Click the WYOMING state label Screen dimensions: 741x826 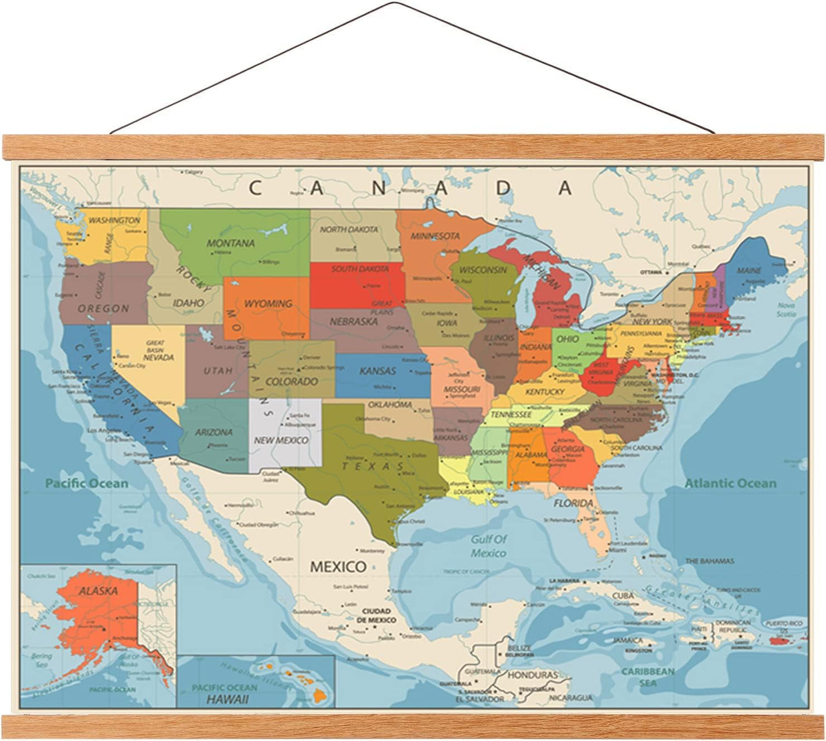coord(268,304)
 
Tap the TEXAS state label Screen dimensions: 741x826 coord(374,466)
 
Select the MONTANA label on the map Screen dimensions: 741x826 coord(230,243)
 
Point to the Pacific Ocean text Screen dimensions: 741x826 coord(87,484)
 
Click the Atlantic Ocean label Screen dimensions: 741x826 coord(731,484)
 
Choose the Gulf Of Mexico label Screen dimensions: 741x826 coord(489,546)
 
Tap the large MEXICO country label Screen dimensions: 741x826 coord(338,567)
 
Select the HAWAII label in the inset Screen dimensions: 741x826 coord(228,699)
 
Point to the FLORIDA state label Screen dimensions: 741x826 coord(573,503)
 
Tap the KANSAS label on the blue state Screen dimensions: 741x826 coord(378,371)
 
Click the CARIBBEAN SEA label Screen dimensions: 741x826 coord(648,677)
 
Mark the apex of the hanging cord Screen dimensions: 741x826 coord(394,3)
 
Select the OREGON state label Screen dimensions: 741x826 coord(103,308)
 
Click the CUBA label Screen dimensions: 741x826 coord(623,595)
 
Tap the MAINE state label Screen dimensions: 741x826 coord(749,270)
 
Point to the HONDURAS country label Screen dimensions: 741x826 coord(532,675)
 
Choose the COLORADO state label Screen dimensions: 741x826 coord(292,381)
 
